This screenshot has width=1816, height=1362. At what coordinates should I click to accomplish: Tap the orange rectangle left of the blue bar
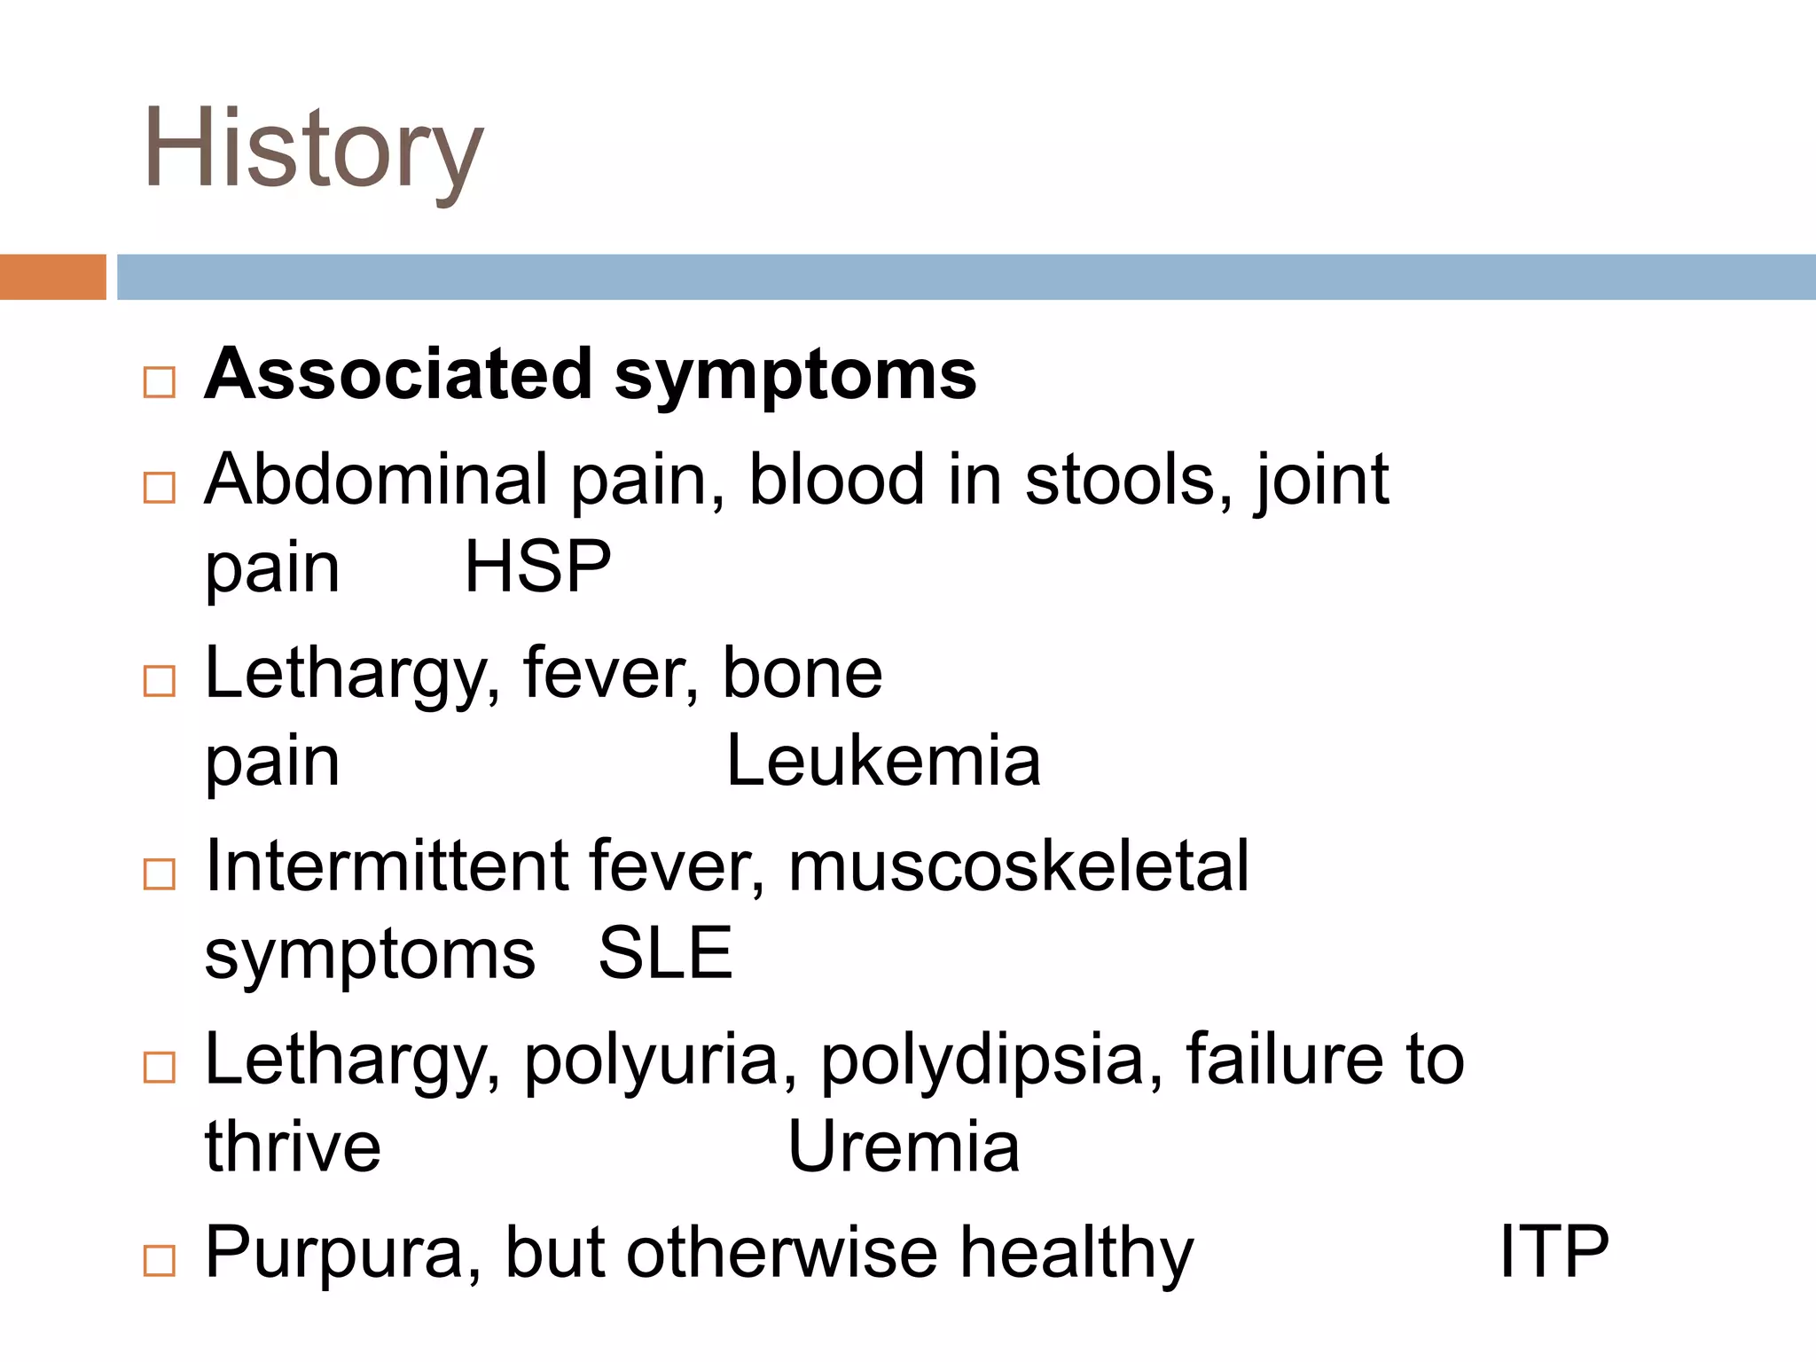point(52,277)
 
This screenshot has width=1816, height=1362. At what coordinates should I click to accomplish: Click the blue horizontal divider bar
point(965,277)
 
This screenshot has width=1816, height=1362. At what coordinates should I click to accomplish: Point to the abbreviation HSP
point(537,567)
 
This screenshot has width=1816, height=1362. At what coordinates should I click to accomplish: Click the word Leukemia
point(883,761)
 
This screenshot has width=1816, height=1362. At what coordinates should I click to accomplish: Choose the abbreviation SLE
point(666,954)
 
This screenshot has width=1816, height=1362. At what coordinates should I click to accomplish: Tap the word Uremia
point(904,1147)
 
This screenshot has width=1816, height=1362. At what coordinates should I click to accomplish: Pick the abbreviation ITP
point(1554,1251)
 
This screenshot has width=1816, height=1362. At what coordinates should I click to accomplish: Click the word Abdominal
point(376,480)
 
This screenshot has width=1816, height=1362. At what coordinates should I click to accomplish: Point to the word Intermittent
point(385,865)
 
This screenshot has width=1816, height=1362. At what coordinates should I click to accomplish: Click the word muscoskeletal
point(1019,865)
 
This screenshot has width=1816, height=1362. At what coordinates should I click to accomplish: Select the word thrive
point(293,1147)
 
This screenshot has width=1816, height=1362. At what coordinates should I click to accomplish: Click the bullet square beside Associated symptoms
point(160,383)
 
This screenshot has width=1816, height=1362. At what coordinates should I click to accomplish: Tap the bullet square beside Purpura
point(160,1260)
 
